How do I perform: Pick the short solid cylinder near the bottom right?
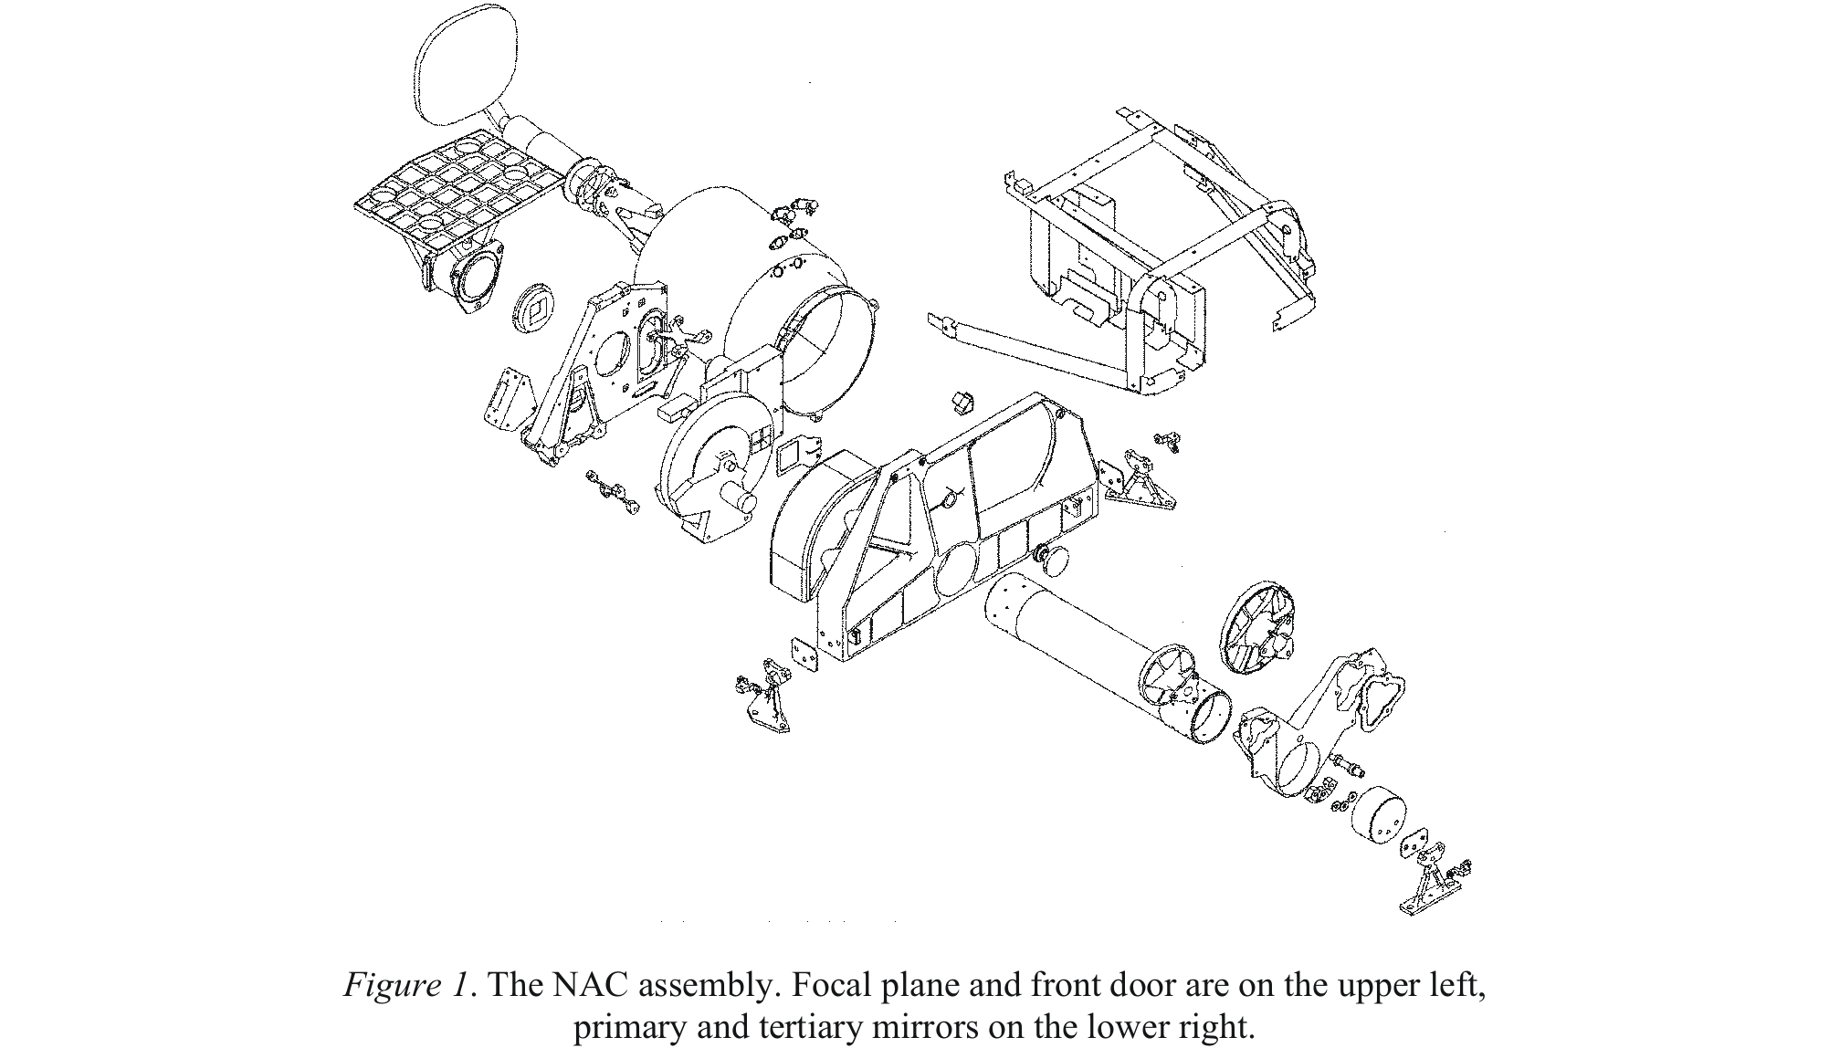[x=1378, y=818]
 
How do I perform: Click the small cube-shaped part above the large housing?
[x=963, y=402]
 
